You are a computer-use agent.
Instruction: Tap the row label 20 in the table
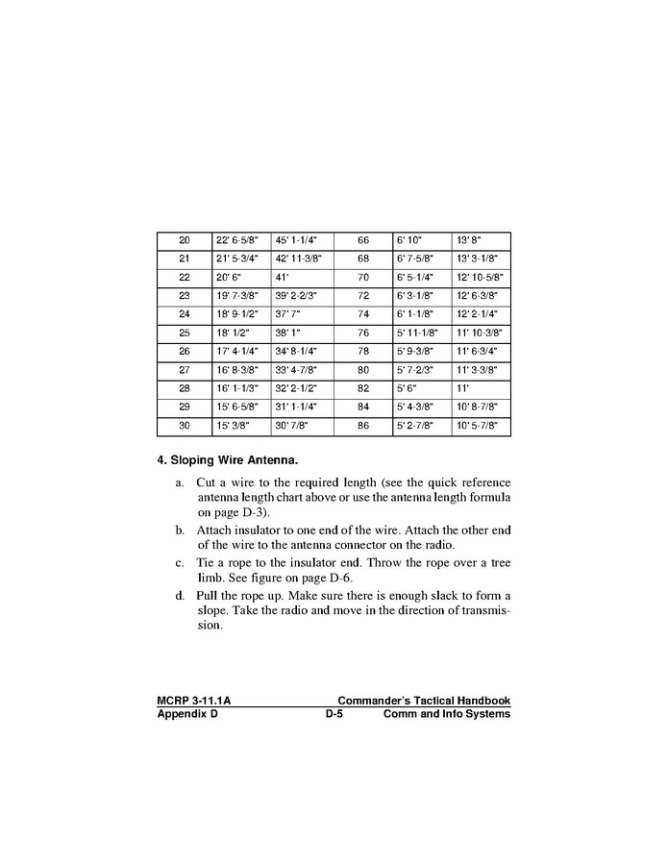[x=185, y=240]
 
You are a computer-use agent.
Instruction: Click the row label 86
[x=363, y=426]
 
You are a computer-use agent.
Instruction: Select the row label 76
[x=363, y=333]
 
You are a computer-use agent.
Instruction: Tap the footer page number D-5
[x=334, y=714]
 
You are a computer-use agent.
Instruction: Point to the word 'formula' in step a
[x=485, y=497]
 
